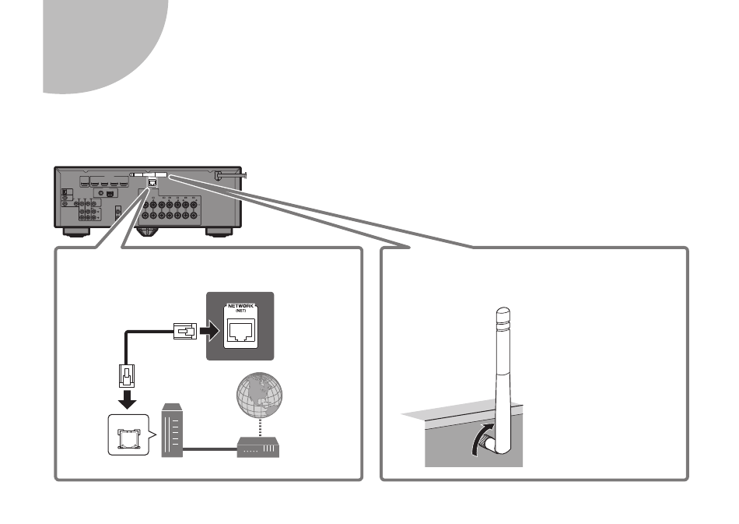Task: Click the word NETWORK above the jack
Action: click(240, 306)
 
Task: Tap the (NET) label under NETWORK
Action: click(240, 311)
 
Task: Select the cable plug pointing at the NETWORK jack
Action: click(185, 331)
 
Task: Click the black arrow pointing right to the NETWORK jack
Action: click(209, 331)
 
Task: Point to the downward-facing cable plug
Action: click(126, 376)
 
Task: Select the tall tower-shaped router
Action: click(172, 430)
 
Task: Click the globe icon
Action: click(259, 396)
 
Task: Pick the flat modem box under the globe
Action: click(258, 447)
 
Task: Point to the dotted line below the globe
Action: click(260, 428)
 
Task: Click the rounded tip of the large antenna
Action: click(503, 312)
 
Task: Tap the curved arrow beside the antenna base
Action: click(481, 438)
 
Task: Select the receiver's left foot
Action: click(76, 232)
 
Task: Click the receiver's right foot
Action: click(219, 232)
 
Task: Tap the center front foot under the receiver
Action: click(146, 232)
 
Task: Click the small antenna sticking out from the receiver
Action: click(230, 175)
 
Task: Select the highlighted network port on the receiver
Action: click(152, 182)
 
